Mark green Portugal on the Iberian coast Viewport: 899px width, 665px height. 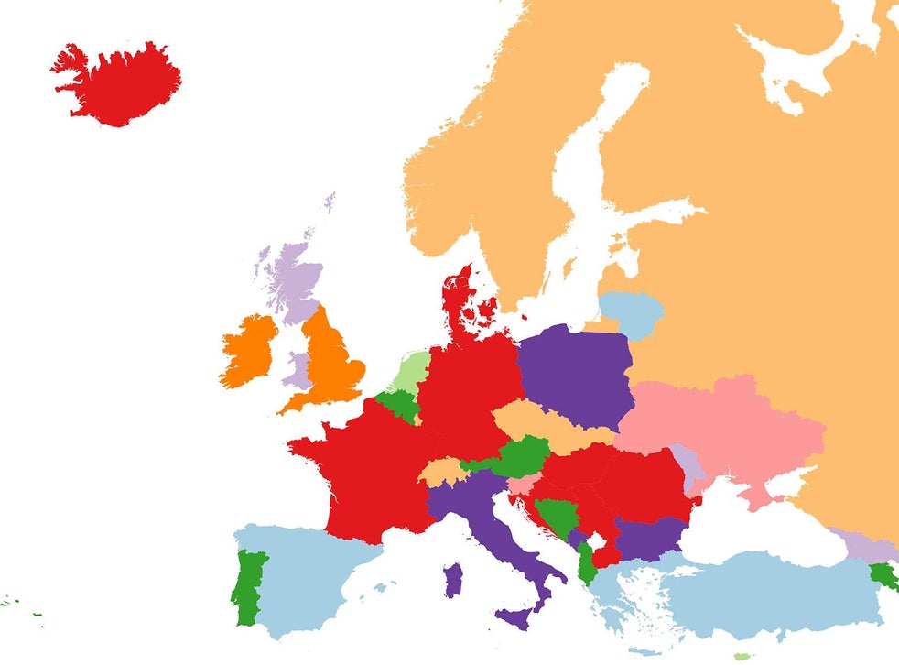point(248,586)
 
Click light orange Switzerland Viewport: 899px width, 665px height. point(441,472)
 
